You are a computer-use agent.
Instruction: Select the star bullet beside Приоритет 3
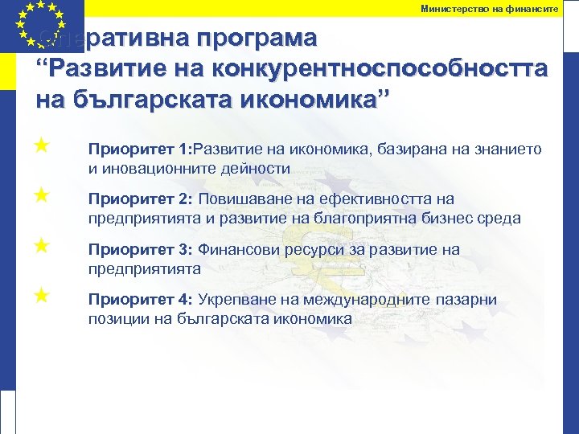click(42, 244)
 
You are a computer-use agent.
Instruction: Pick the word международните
click(384, 300)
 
